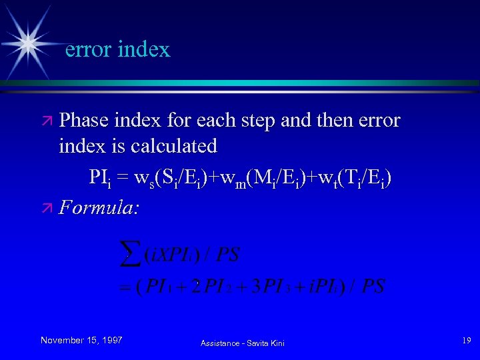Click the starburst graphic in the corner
[28, 41]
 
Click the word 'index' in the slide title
[144, 49]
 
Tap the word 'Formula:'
[99, 208]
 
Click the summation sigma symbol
[125, 253]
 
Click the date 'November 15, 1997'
[81, 341]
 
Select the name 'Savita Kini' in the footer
[267, 343]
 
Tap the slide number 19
[466, 341]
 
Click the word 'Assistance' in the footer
[220, 343]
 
